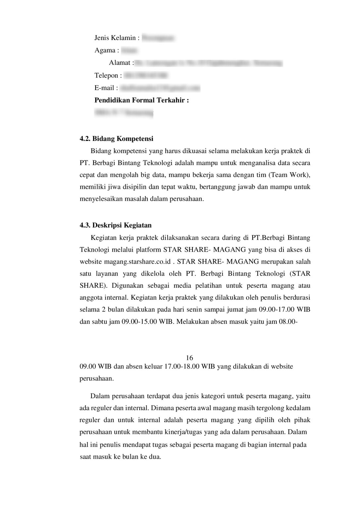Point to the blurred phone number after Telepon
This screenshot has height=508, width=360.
146,76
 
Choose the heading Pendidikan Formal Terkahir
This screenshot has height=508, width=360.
141,100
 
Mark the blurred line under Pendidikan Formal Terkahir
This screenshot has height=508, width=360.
124,113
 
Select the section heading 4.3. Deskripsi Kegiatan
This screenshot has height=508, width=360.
116,226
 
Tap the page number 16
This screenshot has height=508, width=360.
189,358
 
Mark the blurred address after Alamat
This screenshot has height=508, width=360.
208,63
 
